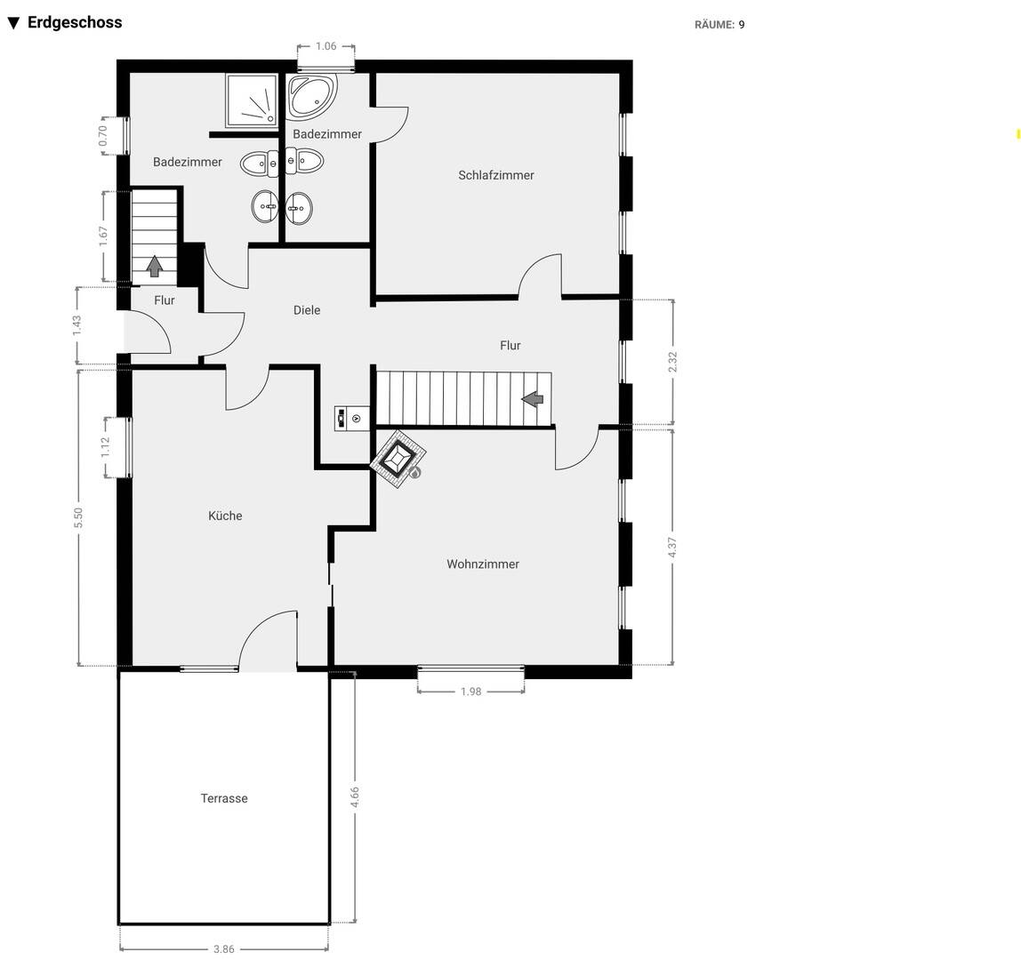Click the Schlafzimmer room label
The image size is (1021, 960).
pos(495,175)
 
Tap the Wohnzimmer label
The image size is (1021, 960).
pos(483,564)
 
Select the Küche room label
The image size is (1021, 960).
pos(225,516)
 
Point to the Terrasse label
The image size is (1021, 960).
pos(224,798)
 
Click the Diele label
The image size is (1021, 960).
pos(307,310)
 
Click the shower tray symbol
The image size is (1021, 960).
pos(252,100)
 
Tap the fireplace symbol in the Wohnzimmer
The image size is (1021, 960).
pos(398,458)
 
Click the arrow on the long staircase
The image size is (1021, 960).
pos(533,398)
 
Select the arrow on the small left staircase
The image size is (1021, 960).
pos(155,266)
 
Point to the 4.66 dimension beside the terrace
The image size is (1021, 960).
pos(354,797)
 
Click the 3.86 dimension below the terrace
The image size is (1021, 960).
pos(224,949)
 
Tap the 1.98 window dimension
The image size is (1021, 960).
pos(470,692)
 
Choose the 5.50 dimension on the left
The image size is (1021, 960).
pos(78,517)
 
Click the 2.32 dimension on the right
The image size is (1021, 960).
pos(672,362)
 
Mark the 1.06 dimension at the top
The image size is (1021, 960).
pos(326,45)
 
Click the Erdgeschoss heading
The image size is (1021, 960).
pos(75,22)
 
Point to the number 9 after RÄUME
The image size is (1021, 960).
pos(742,25)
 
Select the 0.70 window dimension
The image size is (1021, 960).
pos(102,135)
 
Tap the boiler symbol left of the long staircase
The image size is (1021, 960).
pos(351,418)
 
